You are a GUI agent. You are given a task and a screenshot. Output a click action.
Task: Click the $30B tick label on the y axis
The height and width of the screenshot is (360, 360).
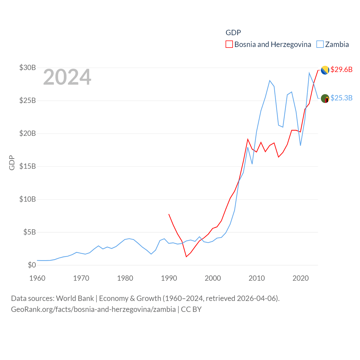(28, 67)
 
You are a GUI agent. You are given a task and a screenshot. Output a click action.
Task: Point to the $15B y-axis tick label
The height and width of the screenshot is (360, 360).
(28, 166)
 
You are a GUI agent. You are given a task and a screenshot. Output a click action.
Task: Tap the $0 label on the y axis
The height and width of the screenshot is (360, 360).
(32, 265)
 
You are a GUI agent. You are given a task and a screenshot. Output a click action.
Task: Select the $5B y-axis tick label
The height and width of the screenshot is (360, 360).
(30, 232)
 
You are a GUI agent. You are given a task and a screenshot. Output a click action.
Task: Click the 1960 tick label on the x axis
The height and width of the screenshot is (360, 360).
(37, 278)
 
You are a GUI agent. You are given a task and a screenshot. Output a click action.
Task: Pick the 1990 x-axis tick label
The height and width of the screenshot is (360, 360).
(169, 278)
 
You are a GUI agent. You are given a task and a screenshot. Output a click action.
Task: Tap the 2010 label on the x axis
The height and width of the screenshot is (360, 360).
(256, 278)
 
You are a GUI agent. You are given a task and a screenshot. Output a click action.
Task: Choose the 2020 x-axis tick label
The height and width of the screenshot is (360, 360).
(300, 278)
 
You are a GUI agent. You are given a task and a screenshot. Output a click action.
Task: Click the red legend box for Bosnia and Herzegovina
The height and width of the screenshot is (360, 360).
(229, 44)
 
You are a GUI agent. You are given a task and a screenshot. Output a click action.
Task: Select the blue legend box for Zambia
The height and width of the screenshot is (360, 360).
(320, 44)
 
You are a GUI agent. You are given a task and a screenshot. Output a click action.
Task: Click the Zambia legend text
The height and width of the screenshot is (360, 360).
(337, 44)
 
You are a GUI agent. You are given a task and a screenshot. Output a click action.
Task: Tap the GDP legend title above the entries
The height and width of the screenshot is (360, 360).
(233, 33)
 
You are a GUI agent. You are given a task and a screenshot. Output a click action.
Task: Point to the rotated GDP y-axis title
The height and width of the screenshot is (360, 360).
(12, 163)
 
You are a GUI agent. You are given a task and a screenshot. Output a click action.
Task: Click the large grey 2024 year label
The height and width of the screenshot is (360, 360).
(67, 77)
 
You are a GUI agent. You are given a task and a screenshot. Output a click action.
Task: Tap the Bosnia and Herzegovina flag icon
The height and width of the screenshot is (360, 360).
(325, 70)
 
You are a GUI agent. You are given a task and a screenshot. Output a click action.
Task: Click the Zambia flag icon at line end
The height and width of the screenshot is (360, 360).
(325, 98)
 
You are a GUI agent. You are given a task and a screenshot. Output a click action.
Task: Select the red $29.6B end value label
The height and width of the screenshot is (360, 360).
(341, 69)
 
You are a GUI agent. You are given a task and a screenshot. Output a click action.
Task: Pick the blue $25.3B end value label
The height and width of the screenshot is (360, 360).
(341, 98)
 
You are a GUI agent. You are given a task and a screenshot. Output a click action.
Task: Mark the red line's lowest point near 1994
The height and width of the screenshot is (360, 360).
(186, 256)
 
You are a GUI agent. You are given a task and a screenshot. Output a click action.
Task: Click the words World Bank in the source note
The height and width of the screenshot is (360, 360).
(75, 298)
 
